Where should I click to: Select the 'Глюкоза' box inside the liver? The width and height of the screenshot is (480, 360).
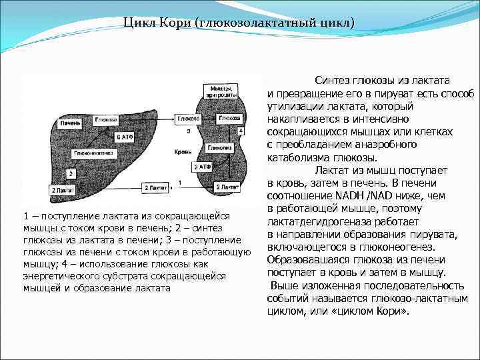coord(106,119)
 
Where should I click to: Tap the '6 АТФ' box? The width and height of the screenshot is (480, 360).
coord(124,137)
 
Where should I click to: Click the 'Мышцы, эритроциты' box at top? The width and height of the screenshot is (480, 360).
coord(221,91)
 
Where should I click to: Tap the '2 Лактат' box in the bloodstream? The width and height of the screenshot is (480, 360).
coord(156,189)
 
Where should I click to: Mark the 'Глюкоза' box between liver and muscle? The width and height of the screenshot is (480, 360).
coord(189,119)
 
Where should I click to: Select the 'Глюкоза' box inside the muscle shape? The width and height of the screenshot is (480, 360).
coord(229,118)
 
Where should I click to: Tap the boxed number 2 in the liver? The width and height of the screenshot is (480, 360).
coord(71,173)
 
